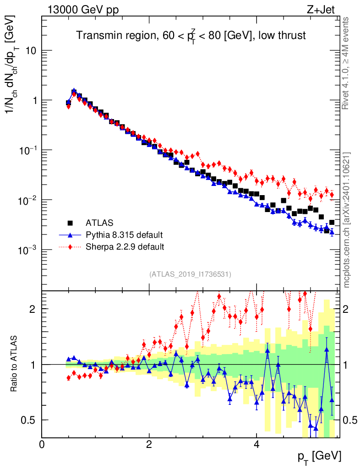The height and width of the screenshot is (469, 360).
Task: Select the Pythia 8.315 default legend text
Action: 124,235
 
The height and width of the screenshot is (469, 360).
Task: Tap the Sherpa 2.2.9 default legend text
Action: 125,247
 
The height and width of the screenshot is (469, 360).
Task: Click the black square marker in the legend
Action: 71,223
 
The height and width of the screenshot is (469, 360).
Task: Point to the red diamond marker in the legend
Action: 71,247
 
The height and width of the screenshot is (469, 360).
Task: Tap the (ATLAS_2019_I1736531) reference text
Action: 190,274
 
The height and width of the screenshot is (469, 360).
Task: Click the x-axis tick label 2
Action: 149,444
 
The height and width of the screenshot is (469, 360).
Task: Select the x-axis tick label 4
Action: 256,444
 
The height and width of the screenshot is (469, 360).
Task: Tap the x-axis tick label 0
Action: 42,444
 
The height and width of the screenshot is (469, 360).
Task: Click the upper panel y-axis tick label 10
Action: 31,50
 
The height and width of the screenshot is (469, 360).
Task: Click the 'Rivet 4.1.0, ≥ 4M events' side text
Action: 346,63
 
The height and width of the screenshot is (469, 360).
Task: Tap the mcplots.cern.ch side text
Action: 346,220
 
